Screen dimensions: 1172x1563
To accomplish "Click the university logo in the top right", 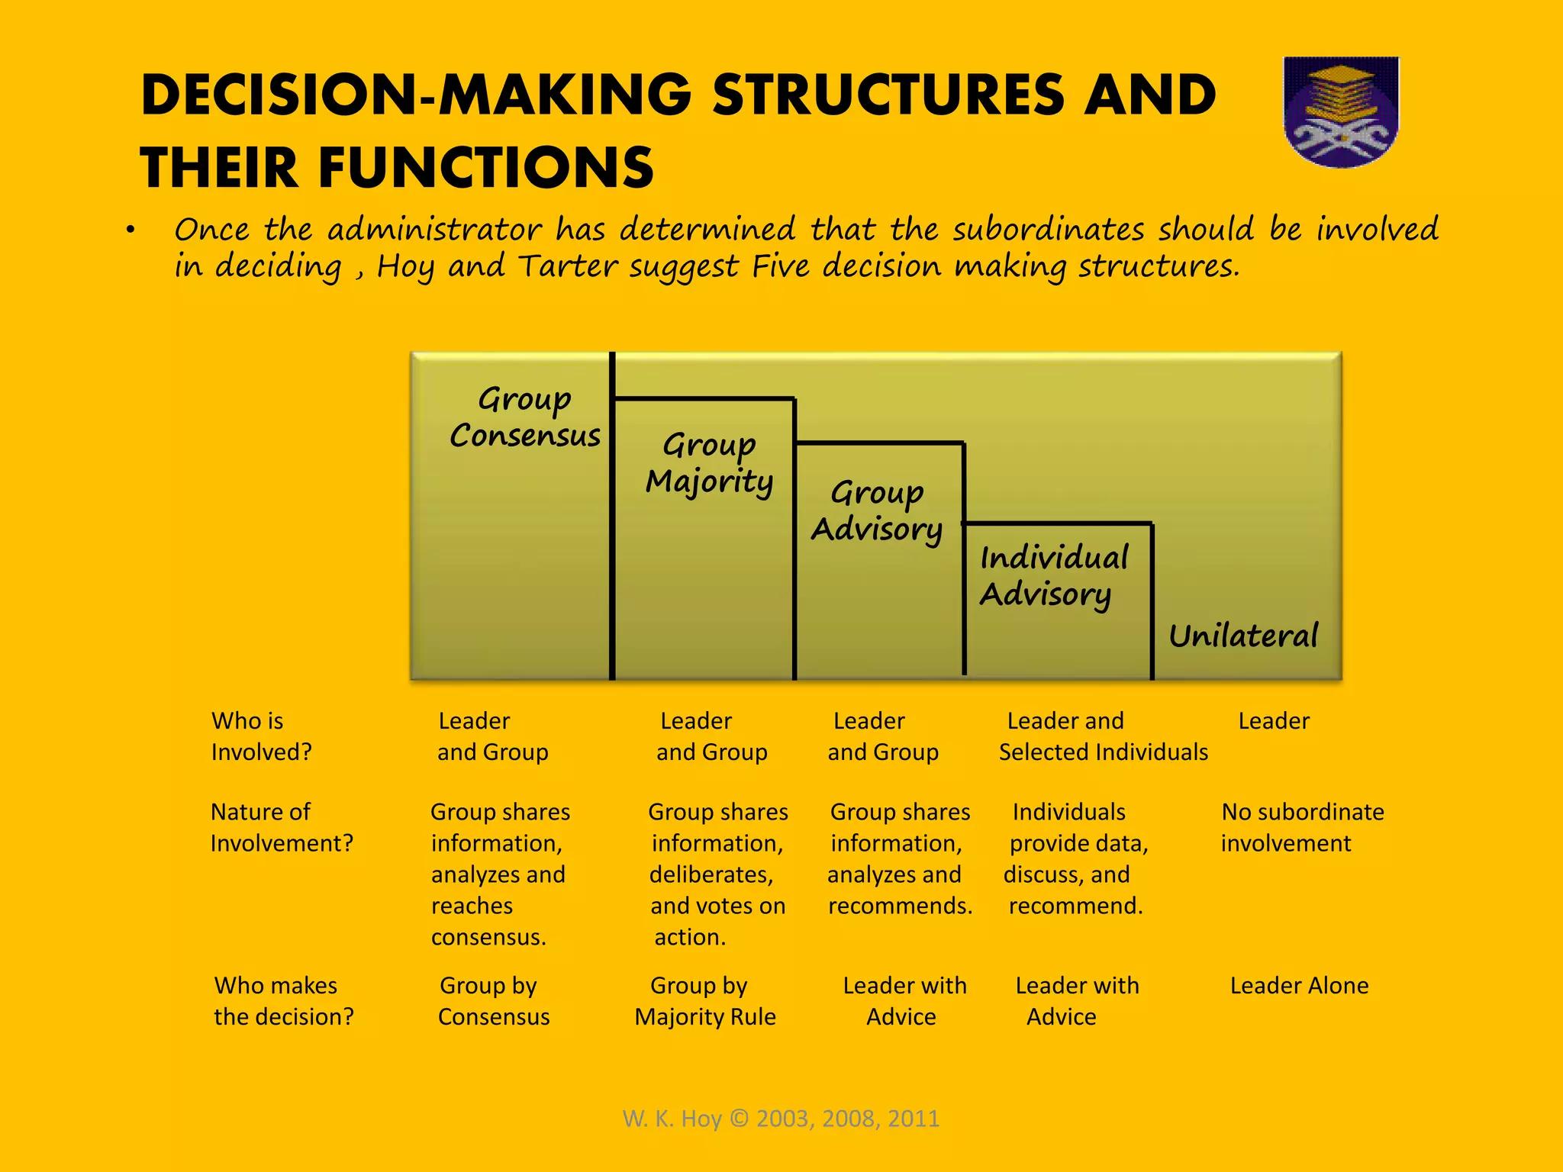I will point(1341,111).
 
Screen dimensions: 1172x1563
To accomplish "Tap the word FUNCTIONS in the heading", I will point(485,168).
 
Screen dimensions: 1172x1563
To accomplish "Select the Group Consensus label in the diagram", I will point(525,417).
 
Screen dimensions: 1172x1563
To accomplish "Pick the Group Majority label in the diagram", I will point(709,463).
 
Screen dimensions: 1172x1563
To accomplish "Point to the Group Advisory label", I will point(877,510).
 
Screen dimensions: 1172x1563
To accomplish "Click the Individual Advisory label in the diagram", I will point(1053,576).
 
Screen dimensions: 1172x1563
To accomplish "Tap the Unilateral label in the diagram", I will point(1243,636).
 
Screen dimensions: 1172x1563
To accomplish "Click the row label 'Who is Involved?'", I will point(261,736).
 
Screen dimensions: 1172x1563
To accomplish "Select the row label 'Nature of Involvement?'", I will point(281,827).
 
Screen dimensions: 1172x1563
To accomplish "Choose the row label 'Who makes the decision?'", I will point(283,1001).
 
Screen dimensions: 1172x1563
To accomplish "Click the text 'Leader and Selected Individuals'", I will point(1103,736).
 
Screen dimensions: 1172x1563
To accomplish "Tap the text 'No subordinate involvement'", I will point(1301,827).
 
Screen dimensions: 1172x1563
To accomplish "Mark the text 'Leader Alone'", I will point(1299,986).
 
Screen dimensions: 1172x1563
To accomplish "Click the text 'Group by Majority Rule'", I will point(704,1001).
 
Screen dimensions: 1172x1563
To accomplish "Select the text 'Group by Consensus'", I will point(493,1001).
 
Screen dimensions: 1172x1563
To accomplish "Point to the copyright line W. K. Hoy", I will point(781,1119).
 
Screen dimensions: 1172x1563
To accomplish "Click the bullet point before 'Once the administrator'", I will point(131,230).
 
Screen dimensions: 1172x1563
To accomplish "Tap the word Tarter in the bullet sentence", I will point(568,266).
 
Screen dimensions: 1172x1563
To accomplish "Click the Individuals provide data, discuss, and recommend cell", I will point(1075,858).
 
